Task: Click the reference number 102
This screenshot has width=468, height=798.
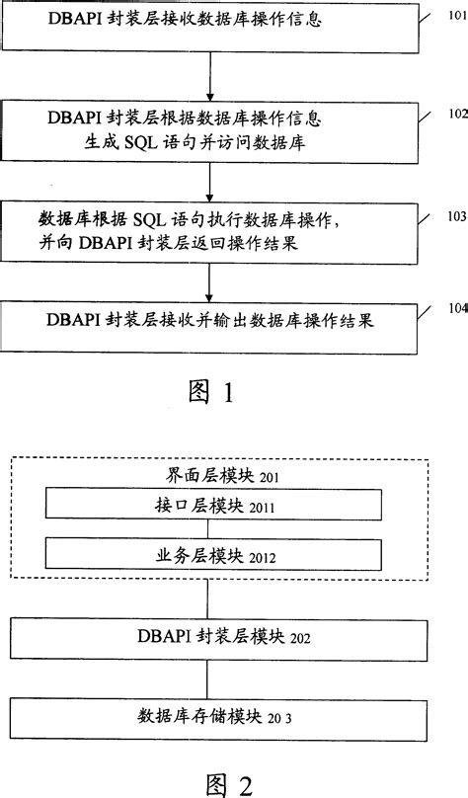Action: (456, 113)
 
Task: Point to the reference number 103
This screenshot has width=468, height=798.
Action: (456, 215)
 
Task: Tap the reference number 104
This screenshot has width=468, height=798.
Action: (456, 307)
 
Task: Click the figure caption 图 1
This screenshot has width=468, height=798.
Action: (210, 393)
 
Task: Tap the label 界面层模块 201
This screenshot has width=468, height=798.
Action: (210, 477)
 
